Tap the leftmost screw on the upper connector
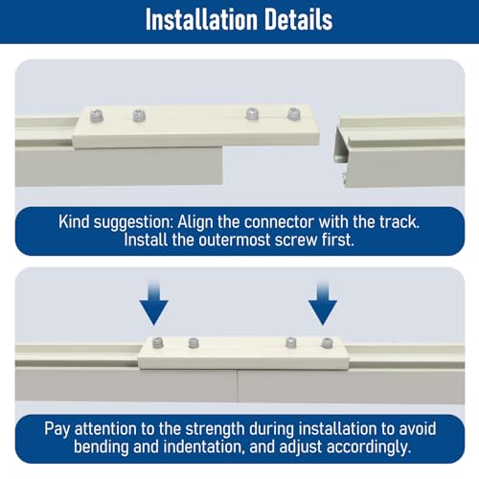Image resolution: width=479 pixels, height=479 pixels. (x=97, y=116)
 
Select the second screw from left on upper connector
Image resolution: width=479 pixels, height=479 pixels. (x=139, y=115)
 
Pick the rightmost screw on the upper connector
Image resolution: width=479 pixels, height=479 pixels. (x=293, y=114)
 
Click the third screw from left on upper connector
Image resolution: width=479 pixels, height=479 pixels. (x=252, y=114)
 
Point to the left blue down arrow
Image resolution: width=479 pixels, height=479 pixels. (x=154, y=303)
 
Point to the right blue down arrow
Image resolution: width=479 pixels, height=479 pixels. (x=323, y=303)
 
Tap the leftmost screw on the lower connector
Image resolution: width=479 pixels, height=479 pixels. (x=158, y=343)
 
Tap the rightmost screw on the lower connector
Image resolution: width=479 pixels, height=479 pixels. (x=327, y=343)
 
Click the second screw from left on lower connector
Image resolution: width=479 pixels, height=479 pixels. (x=194, y=343)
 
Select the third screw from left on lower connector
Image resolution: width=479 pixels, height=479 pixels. (x=290, y=343)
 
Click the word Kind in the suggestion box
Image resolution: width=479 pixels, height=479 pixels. (x=74, y=221)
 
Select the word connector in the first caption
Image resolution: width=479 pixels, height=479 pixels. (x=279, y=221)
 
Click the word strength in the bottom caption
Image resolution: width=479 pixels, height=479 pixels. (x=215, y=430)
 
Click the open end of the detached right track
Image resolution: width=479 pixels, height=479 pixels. (x=340, y=152)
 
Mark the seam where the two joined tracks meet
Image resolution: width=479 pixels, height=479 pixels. (x=238, y=385)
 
